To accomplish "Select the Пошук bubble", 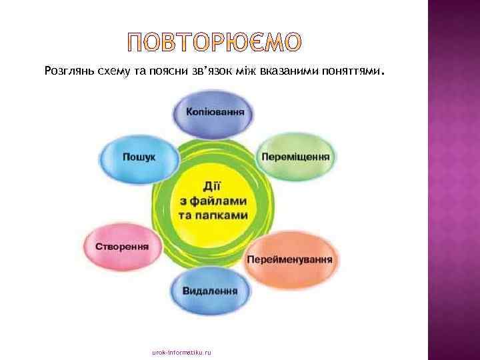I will click(x=139, y=157).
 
